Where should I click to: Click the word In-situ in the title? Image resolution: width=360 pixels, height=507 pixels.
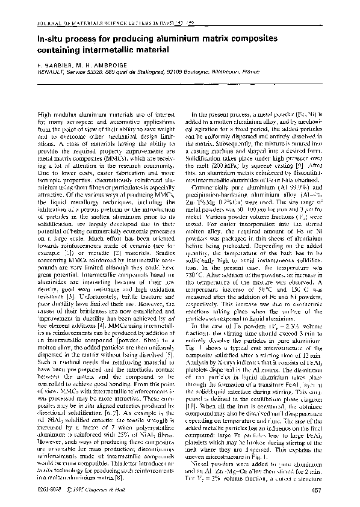pyautogui.click(x=52, y=38)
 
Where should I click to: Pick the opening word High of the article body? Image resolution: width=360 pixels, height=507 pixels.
pyautogui.click(x=45, y=114)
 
